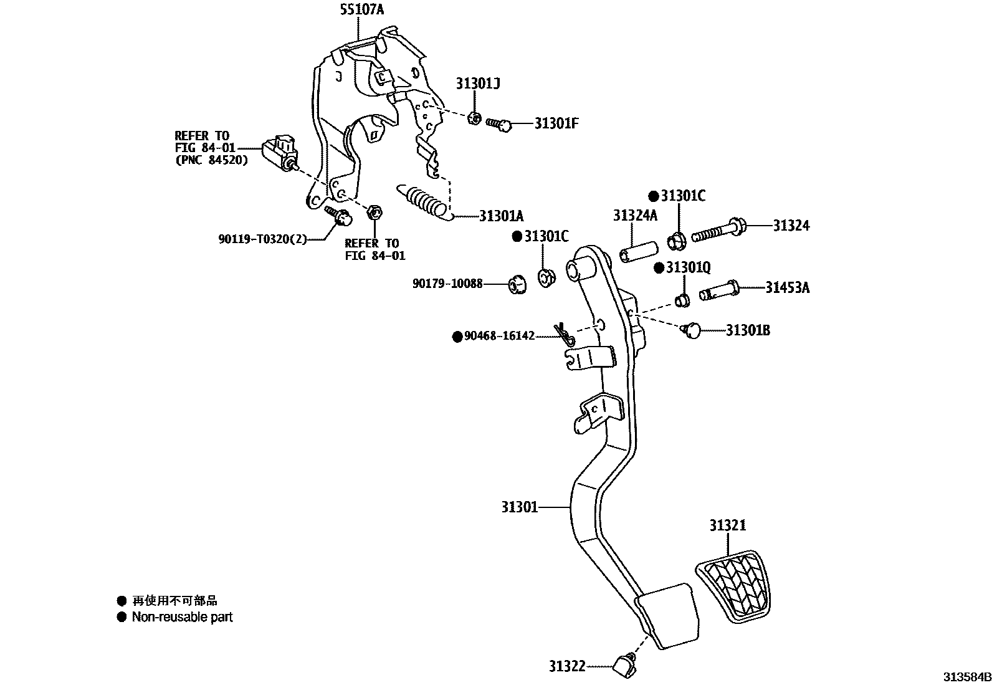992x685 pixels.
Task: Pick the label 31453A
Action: (x=788, y=287)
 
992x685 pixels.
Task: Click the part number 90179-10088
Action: (x=447, y=284)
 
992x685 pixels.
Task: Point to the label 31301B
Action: (x=748, y=330)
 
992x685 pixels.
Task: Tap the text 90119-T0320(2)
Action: (x=262, y=239)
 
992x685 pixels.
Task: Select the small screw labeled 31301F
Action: (x=499, y=125)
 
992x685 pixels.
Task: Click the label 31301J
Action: (x=478, y=83)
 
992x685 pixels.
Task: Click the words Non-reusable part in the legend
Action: (x=182, y=617)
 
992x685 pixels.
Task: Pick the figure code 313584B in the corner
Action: (x=966, y=677)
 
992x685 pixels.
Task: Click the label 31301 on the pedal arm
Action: (x=519, y=507)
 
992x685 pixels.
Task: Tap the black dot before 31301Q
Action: (x=659, y=267)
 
